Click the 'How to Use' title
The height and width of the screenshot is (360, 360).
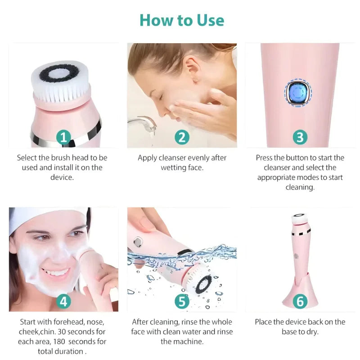click(x=181, y=20)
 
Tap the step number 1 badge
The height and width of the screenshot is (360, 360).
click(x=63, y=137)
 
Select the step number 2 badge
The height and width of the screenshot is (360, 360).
click(x=181, y=137)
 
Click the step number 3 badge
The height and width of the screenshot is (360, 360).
click(x=300, y=137)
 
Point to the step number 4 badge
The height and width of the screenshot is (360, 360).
click(x=63, y=301)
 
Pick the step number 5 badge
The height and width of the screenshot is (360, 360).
click(x=181, y=301)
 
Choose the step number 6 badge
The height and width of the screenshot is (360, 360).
click(x=300, y=301)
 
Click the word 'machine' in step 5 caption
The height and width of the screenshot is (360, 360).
click(x=189, y=342)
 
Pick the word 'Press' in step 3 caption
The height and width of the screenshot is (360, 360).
click(x=264, y=158)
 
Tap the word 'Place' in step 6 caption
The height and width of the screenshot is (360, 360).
click(x=264, y=322)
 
